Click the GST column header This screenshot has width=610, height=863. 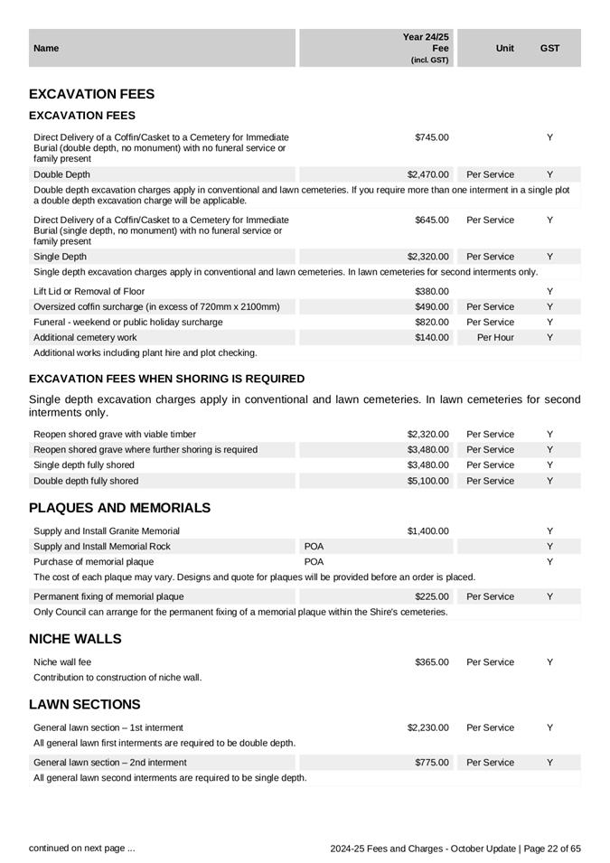pos(549,48)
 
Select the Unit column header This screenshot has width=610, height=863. pos(505,48)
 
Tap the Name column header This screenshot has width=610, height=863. pos(45,48)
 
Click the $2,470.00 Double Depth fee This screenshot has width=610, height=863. pos(427,174)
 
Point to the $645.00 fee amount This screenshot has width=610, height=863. pos(432,220)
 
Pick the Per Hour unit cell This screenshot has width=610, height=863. pos(495,337)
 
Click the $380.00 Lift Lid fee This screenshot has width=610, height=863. pos(432,292)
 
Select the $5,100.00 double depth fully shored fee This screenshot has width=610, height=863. pos(427,481)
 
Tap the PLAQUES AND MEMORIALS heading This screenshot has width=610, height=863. pos(119,508)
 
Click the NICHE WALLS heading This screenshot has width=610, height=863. pos(75,639)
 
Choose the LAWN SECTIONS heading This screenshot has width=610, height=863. pos(85,704)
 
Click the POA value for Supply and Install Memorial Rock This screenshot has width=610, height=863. pos(314,547)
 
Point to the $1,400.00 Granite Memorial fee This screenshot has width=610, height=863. pos(427,531)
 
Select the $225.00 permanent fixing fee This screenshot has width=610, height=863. pos(432,596)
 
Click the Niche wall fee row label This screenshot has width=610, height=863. pos(62,662)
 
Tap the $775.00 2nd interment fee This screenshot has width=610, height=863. pos(432,763)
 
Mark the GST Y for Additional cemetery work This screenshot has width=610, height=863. pos(549,337)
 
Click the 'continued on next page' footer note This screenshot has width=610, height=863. pos(82,848)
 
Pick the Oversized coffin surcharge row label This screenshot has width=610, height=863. pos(156,307)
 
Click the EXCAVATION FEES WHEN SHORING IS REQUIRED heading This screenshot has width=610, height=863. pos(166,379)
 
